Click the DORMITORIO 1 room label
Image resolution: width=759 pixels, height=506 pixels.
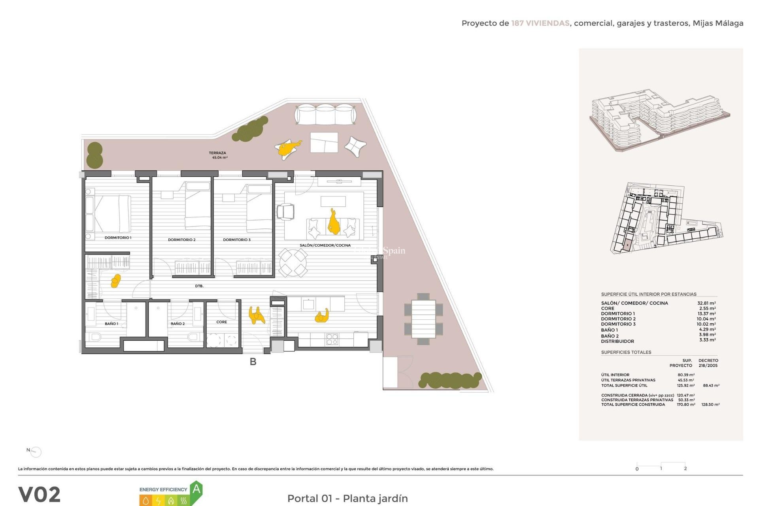click(x=118, y=238)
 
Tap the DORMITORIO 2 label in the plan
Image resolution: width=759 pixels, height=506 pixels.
click(x=181, y=240)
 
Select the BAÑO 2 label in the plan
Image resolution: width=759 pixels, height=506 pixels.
click(x=177, y=323)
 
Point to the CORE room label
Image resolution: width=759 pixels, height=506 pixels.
click(x=221, y=322)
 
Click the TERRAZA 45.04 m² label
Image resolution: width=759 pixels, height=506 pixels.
click(x=218, y=155)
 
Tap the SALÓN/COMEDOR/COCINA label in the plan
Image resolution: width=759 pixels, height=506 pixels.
click(x=325, y=245)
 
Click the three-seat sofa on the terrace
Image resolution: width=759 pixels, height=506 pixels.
click(x=325, y=114)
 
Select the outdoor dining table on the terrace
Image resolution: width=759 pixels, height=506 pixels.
click(x=423, y=319)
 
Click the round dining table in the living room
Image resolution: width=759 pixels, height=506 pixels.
click(x=293, y=262)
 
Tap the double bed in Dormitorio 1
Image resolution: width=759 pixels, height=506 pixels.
click(x=112, y=213)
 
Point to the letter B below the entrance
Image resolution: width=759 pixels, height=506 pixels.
click(x=253, y=361)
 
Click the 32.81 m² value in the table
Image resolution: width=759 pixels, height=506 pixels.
click(x=706, y=303)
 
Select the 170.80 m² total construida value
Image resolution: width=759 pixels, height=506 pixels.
click(x=686, y=404)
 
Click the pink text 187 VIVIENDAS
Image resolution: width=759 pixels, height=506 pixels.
click(x=540, y=23)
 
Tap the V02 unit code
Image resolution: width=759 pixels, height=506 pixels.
click(x=40, y=494)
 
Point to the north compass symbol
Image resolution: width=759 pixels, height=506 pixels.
click(x=35, y=451)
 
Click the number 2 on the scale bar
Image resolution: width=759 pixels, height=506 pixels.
click(x=685, y=468)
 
